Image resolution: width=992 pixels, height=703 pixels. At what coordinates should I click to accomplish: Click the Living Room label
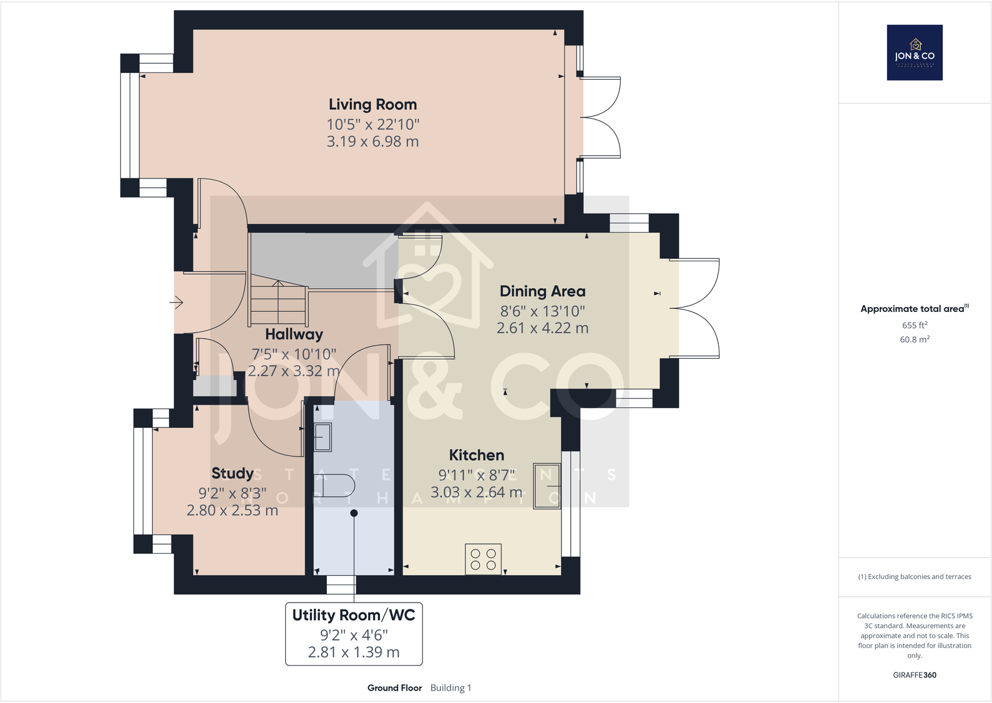(372, 105)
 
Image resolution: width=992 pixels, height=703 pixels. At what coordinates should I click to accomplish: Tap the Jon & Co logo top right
(914, 52)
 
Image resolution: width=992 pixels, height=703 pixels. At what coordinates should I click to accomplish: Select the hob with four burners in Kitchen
(483, 559)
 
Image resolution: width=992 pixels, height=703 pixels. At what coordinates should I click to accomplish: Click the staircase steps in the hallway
(278, 304)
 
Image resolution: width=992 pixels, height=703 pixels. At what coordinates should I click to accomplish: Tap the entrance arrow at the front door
(177, 303)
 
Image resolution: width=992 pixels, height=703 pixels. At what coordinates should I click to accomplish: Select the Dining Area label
(542, 291)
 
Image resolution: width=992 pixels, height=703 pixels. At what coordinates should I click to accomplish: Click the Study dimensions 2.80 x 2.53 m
(232, 510)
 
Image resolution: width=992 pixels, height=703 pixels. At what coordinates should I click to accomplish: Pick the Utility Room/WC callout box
(354, 633)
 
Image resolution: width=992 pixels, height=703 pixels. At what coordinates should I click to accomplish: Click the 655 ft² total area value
(914, 325)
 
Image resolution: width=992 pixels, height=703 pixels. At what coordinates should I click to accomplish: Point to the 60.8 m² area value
(914, 339)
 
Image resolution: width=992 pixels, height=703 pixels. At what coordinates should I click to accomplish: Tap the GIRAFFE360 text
(914, 675)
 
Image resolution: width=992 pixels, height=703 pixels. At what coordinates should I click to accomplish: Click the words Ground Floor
(394, 688)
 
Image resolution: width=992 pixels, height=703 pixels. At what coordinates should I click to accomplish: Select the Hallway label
(294, 334)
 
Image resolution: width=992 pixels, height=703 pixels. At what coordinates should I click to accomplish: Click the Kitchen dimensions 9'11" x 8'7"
(477, 475)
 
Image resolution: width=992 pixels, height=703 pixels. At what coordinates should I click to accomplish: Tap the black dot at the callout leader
(354, 513)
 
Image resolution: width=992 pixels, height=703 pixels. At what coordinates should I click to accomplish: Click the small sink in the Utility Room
(323, 437)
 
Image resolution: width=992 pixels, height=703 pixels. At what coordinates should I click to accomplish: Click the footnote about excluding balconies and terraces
(914, 577)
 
